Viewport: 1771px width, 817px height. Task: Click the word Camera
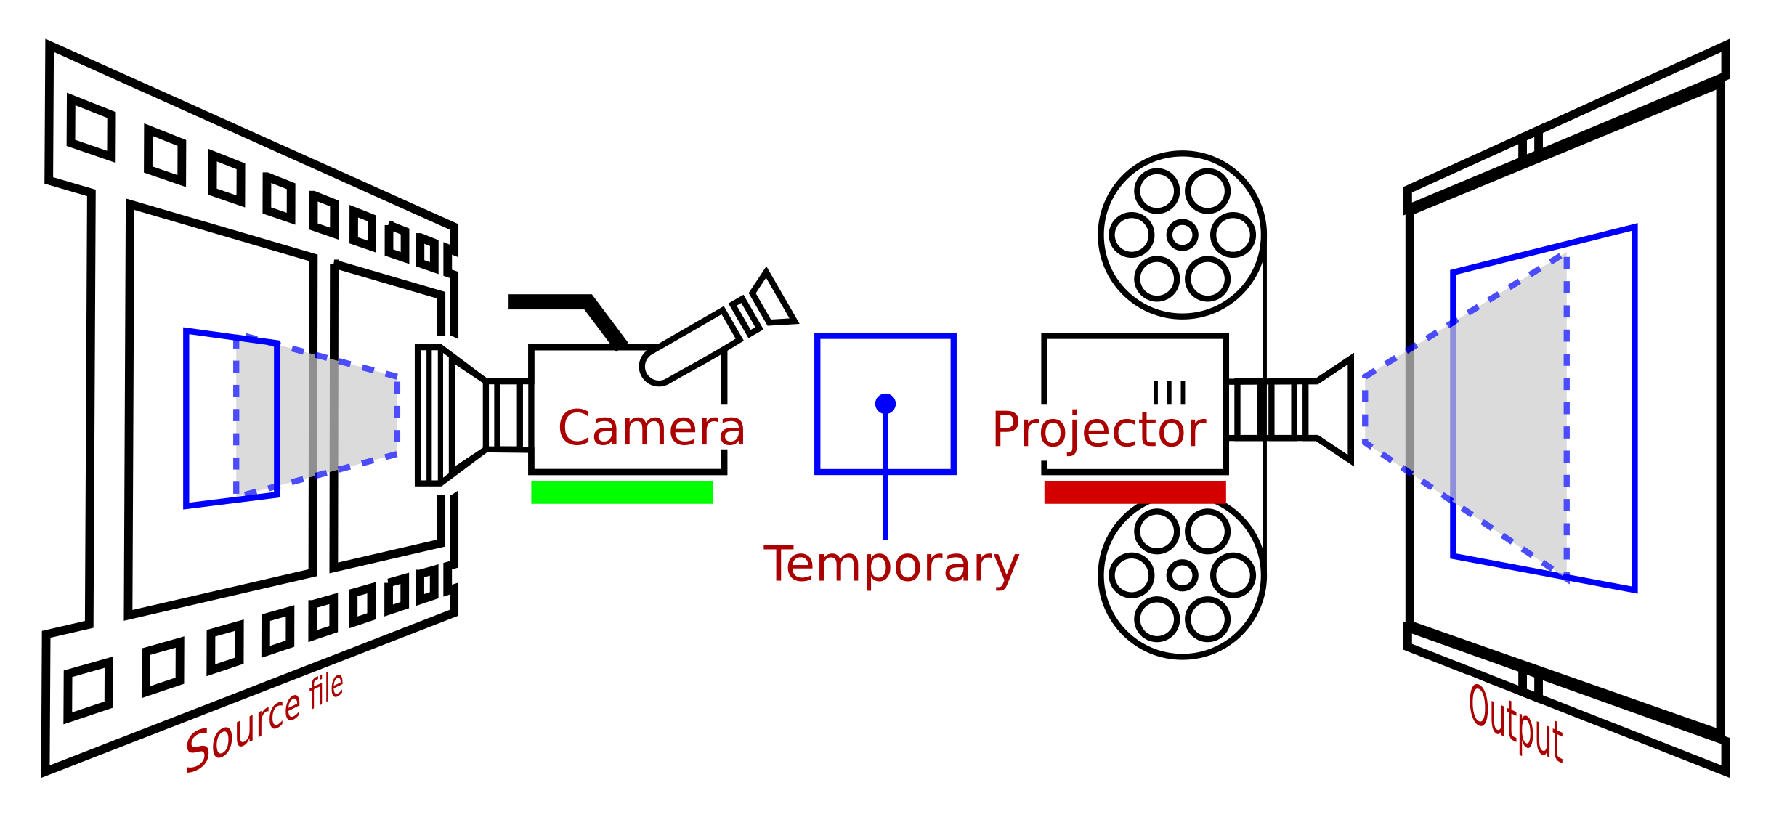(652, 428)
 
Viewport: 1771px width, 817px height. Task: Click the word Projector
(1099, 430)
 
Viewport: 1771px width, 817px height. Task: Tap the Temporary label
(891, 565)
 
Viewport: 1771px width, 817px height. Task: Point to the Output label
(1515, 723)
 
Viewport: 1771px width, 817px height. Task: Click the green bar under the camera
(622, 492)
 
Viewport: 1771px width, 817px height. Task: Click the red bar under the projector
(1135, 492)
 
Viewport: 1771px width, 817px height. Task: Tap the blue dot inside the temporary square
(885, 403)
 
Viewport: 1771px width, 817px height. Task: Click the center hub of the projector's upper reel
(1182, 235)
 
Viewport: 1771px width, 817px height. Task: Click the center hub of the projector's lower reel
(1182, 575)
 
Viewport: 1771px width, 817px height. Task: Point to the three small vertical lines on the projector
(1169, 392)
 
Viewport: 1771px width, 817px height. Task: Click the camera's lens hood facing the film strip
(434, 415)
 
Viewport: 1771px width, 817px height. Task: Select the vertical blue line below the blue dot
(885, 479)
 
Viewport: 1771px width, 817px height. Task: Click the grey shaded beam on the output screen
(1496, 414)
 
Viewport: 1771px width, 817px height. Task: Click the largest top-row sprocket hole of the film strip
(92, 127)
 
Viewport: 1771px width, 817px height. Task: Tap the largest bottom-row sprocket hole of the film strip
(89, 690)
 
